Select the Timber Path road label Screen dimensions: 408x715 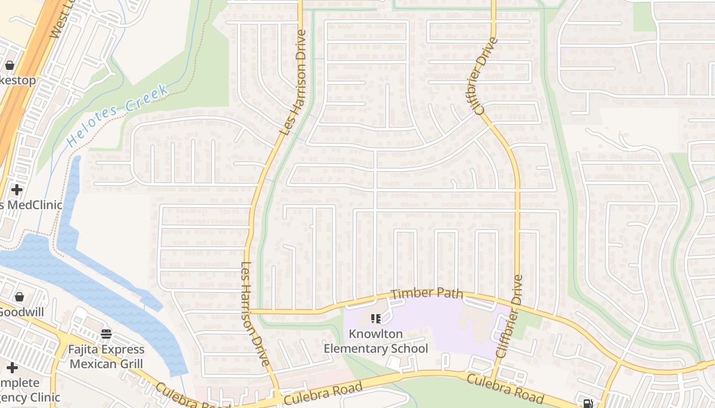coord(427,294)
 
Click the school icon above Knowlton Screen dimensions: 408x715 coord(376,319)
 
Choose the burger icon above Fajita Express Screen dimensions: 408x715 coord(106,335)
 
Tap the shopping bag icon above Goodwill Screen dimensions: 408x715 coord(19,297)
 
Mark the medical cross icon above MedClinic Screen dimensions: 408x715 coord(17,190)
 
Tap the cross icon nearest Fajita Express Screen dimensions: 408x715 coord(12,368)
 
